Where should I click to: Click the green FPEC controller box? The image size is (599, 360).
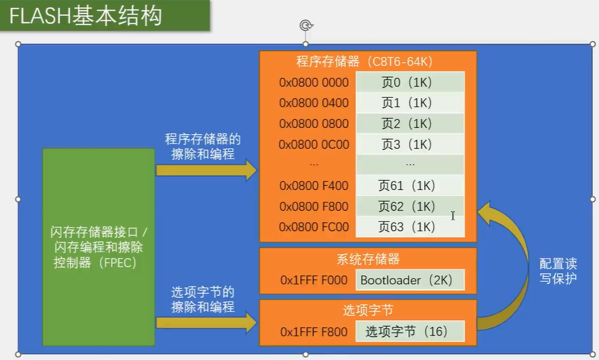tap(99, 247)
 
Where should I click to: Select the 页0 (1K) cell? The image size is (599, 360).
tap(410, 83)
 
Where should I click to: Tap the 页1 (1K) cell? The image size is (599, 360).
tap(410, 103)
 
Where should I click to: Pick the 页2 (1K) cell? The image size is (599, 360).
tap(410, 123)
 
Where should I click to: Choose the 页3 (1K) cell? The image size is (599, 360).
tap(410, 144)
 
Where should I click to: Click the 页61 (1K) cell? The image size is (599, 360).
tap(410, 185)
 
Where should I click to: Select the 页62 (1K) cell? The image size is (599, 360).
tap(410, 206)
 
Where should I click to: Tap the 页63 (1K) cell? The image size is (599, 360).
tap(410, 227)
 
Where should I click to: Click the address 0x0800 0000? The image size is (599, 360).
tap(314, 83)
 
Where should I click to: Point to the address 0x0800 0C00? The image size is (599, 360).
tap(314, 144)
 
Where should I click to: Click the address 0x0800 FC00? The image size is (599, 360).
tap(314, 227)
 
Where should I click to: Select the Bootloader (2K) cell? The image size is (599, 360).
tap(409, 280)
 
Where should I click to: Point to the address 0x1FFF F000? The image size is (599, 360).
tap(314, 280)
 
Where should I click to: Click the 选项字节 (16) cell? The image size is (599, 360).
tap(409, 331)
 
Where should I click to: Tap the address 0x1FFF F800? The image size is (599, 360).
tap(314, 331)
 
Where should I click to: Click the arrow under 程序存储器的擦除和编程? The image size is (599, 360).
tap(206, 170)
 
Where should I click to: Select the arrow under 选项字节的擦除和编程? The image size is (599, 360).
tap(206, 323)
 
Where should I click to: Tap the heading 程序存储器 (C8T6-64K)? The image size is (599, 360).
tap(368, 62)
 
